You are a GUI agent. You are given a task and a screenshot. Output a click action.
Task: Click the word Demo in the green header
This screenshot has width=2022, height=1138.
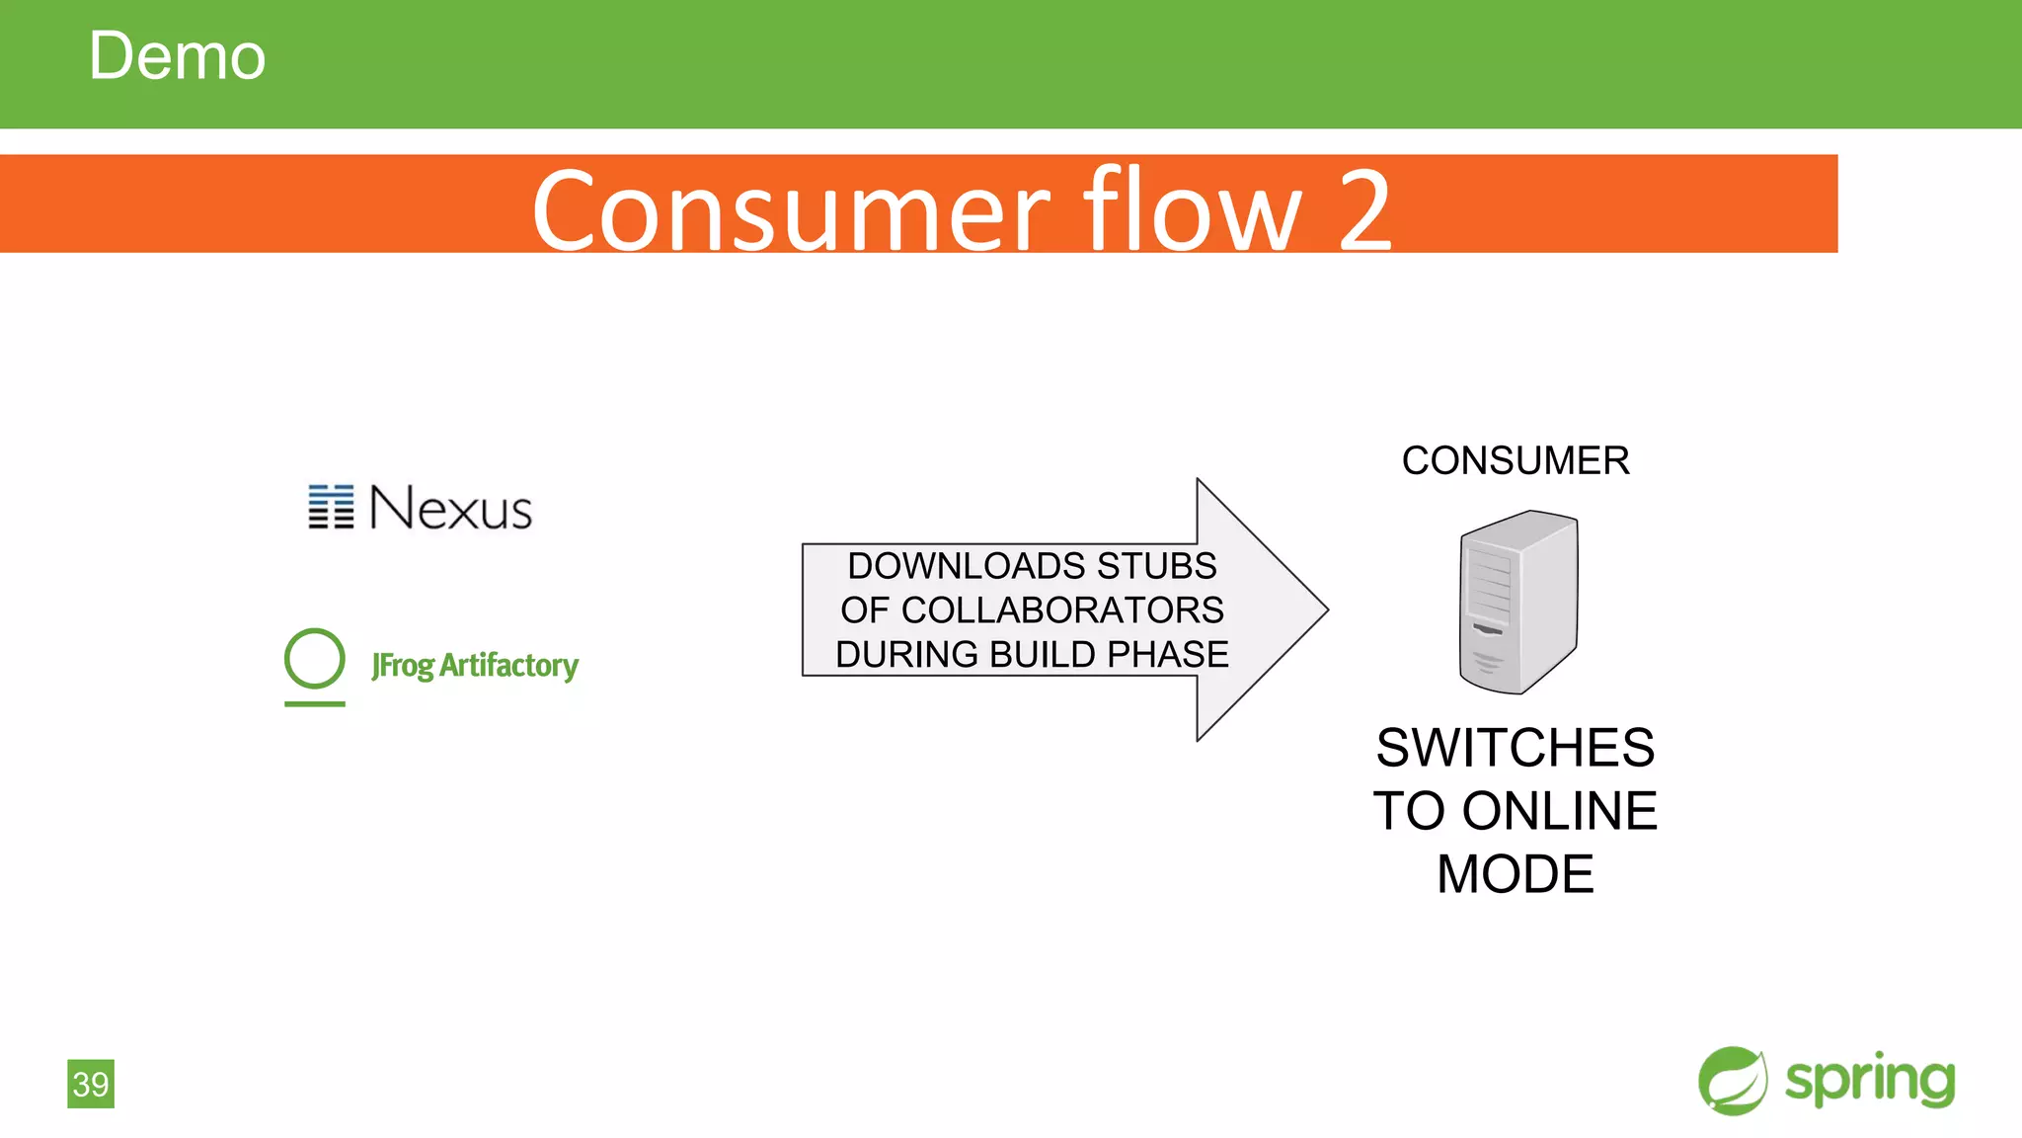click(x=177, y=56)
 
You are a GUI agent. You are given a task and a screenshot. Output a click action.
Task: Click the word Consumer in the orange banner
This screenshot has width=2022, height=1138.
click(x=790, y=210)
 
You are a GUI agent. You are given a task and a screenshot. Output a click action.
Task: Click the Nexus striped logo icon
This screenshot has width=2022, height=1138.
click(x=331, y=507)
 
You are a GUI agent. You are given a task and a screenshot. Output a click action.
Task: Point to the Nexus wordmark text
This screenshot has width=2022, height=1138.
click(x=450, y=509)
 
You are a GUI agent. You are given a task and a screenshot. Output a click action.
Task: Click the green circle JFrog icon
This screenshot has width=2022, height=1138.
click(x=315, y=658)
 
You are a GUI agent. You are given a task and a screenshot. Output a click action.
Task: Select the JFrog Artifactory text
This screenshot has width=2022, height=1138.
click(x=475, y=666)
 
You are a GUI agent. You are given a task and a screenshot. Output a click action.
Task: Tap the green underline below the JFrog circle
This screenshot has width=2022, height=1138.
click(x=315, y=704)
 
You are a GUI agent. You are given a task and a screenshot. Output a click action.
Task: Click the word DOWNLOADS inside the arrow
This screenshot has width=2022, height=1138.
click(x=967, y=566)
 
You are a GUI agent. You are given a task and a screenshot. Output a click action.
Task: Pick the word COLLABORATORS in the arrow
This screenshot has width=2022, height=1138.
click(x=1062, y=610)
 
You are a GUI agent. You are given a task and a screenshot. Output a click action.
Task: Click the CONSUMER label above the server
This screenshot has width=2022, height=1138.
click(x=1516, y=461)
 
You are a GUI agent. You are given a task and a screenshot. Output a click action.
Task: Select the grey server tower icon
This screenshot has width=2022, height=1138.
click(x=1518, y=602)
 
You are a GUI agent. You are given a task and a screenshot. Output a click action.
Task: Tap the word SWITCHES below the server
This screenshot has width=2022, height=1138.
click(x=1516, y=748)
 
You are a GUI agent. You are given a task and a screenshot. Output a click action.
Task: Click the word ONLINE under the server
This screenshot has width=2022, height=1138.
click(x=1559, y=811)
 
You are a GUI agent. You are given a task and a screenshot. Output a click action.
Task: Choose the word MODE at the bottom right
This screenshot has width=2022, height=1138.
click(x=1516, y=874)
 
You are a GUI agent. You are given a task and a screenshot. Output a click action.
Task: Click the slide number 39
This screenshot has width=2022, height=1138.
click(x=91, y=1084)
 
